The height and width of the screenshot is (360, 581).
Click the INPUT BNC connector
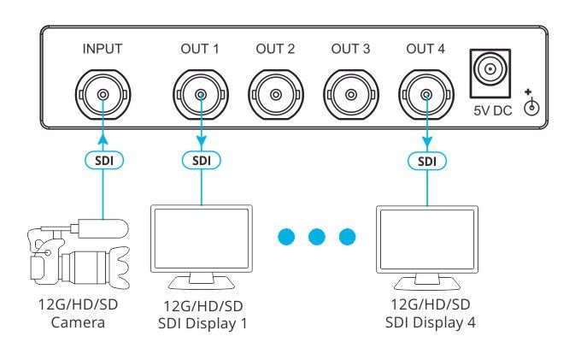click(x=103, y=95)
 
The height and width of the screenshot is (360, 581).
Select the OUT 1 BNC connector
click(x=201, y=95)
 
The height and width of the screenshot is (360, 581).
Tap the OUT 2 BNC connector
click(x=276, y=95)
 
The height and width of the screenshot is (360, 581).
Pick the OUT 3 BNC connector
click(x=351, y=95)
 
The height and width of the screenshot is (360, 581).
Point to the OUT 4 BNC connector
click(x=426, y=95)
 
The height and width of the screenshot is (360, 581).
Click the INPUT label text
click(x=103, y=49)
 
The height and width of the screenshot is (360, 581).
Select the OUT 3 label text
click(x=350, y=49)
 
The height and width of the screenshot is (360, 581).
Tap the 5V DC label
click(x=492, y=110)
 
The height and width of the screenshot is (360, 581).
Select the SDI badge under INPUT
click(x=103, y=161)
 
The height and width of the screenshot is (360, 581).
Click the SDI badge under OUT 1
click(x=201, y=161)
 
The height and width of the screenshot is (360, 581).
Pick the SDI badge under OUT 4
click(x=427, y=162)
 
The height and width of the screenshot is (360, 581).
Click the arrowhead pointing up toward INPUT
click(x=103, y=139)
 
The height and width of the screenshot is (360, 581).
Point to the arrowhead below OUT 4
click(x=427, y=141)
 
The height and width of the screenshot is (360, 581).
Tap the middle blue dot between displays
click(x=317, y=237)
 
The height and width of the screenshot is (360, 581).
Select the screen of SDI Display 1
click(x=201, y=239)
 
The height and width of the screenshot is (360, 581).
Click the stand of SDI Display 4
click(x=427, y=281)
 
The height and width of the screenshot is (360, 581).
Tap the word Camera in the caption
click(x=78, y=322)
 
